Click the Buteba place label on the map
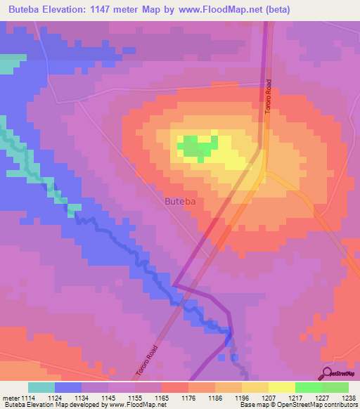[x=184, y=202]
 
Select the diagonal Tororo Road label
[x=146, y=359]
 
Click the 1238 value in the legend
[x=348, y=397]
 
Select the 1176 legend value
[x=188, y=397]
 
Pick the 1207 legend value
[x=269, y=397]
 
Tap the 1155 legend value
[x=135, y=397]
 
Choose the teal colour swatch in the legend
[x=41, y=387]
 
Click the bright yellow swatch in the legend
[x=281, y=387]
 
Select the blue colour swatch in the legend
[x=68, y=387]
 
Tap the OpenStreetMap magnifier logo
[x=326, y=372]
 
